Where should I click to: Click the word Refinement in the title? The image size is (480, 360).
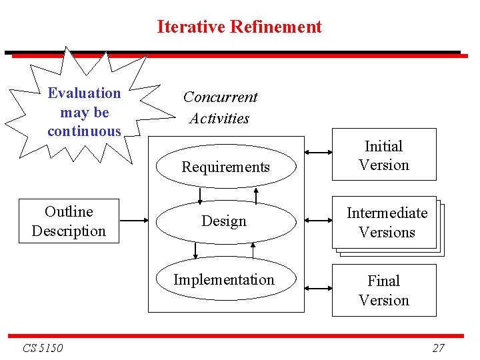(275, 27)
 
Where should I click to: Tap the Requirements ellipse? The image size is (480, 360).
(225, 167)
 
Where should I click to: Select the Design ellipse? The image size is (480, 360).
(225, 221)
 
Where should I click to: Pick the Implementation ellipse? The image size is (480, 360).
(224, 279)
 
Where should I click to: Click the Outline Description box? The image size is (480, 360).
(69, 221)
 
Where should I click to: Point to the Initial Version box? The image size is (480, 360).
(384, 155)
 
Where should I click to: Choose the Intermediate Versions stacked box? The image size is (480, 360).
(386, 223)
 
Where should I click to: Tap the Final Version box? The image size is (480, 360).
(384, 290)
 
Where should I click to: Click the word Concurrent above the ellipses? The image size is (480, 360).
(220, 97)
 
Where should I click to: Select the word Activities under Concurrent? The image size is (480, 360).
(219, 119)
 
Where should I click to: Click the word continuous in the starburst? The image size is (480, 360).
(84, 131)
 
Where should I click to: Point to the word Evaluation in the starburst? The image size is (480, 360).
(84, 93)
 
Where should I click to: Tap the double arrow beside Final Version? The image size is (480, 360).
(318, 288)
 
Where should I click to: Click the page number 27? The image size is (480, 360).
(438, 347)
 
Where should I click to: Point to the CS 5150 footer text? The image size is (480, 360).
(43, 348)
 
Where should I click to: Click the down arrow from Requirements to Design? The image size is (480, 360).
(199, 195)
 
